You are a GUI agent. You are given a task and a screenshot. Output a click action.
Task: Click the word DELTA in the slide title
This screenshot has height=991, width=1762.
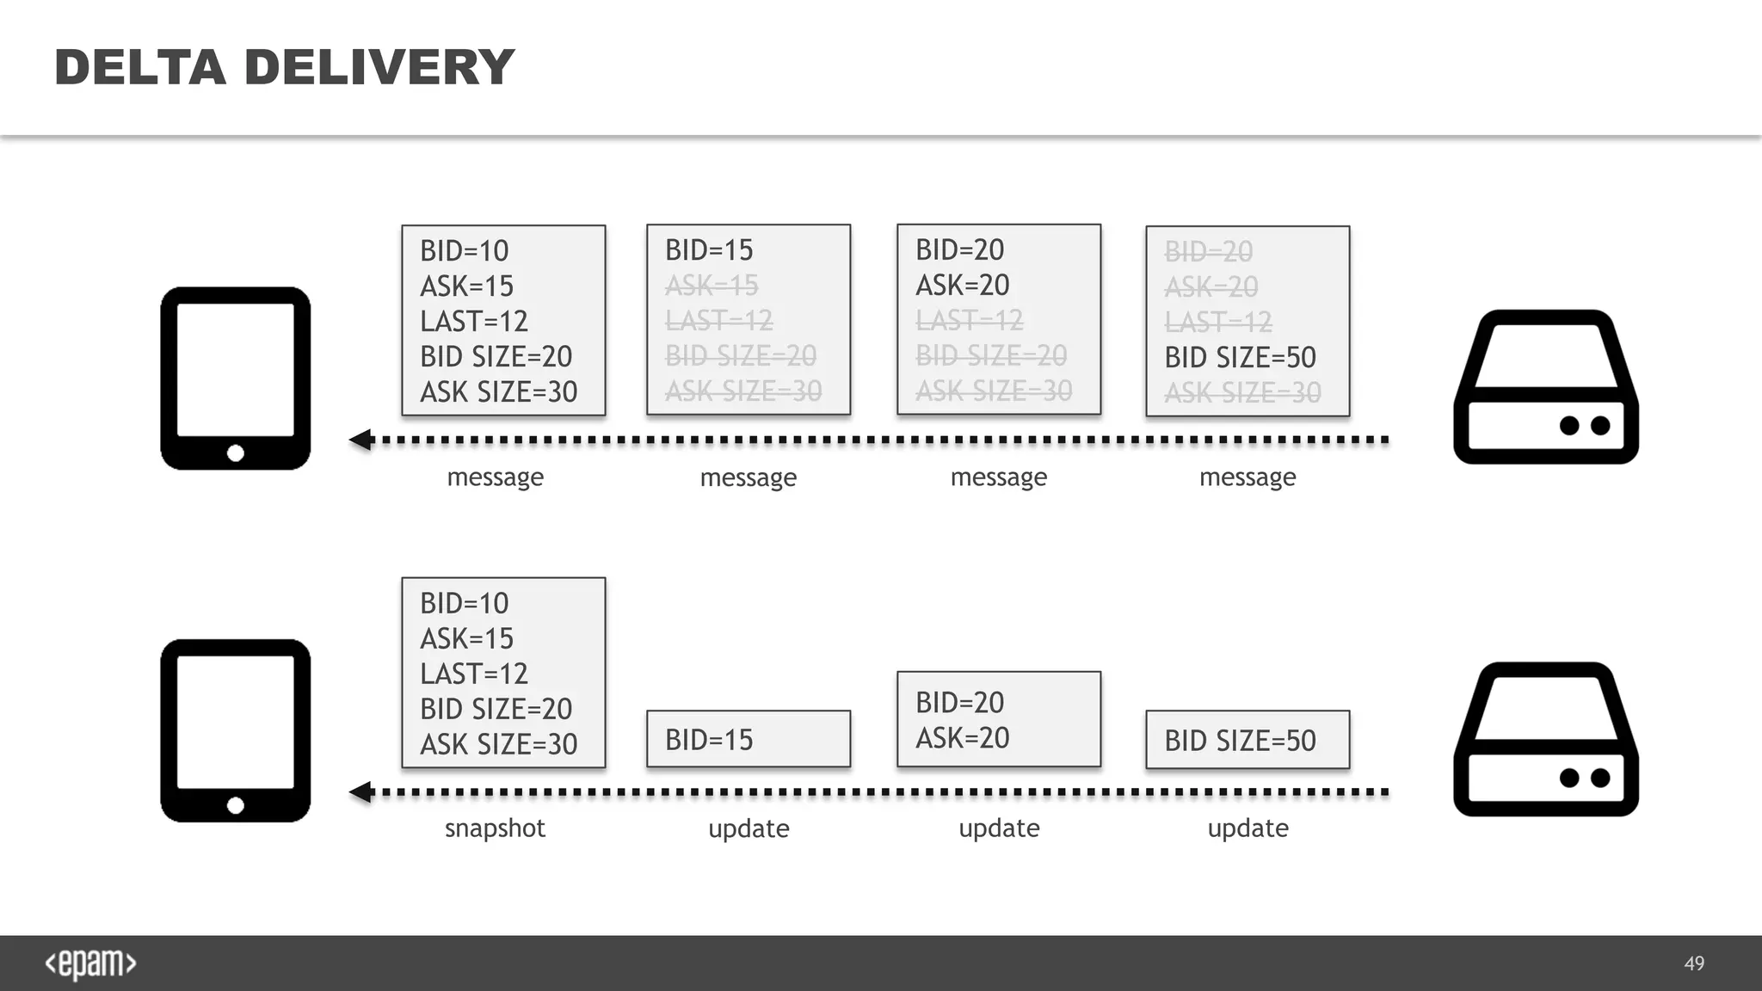click(139, 67)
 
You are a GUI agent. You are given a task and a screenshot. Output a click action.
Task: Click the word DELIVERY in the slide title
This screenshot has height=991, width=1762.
click(379, 67)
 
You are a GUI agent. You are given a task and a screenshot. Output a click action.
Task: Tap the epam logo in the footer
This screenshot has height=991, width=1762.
click(90, 963)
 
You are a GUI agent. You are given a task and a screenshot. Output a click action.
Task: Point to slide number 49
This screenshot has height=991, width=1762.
click(1694, 963)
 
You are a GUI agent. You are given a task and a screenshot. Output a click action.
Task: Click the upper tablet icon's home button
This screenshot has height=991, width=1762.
click(236, 453)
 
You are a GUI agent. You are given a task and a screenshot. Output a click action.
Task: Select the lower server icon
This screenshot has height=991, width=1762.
click(1546, 739)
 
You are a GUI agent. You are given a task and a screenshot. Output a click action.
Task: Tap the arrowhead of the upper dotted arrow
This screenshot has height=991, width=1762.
click(361, 440)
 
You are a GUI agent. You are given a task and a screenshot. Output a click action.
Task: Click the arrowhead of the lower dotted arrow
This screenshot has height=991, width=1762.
click(361, 792)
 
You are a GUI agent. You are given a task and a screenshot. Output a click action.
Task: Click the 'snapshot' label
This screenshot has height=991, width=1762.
click(495, 828)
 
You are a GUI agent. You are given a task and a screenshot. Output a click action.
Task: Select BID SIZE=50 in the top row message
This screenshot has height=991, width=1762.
click(1240, 357)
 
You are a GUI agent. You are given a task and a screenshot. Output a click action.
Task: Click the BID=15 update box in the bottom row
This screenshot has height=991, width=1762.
click(748, 739)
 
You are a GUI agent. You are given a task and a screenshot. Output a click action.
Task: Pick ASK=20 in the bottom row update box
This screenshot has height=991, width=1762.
click(962, 738)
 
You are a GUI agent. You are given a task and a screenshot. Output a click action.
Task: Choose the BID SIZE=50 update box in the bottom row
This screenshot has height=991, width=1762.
click(1247, 740)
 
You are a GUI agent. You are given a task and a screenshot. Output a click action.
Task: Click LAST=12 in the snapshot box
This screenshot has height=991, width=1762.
click(474, 674)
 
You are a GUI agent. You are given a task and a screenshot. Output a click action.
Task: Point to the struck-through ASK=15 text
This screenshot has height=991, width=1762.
click(712, 286)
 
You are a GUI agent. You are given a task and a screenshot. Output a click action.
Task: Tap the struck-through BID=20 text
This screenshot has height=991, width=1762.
click(1208, 252)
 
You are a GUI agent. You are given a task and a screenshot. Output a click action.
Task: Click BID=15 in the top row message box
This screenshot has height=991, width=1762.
click(709, 250)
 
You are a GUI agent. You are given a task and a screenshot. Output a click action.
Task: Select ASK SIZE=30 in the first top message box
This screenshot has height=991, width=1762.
click(498, 392)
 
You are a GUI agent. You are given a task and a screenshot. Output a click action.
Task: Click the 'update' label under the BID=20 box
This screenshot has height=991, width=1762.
click(999, 828)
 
